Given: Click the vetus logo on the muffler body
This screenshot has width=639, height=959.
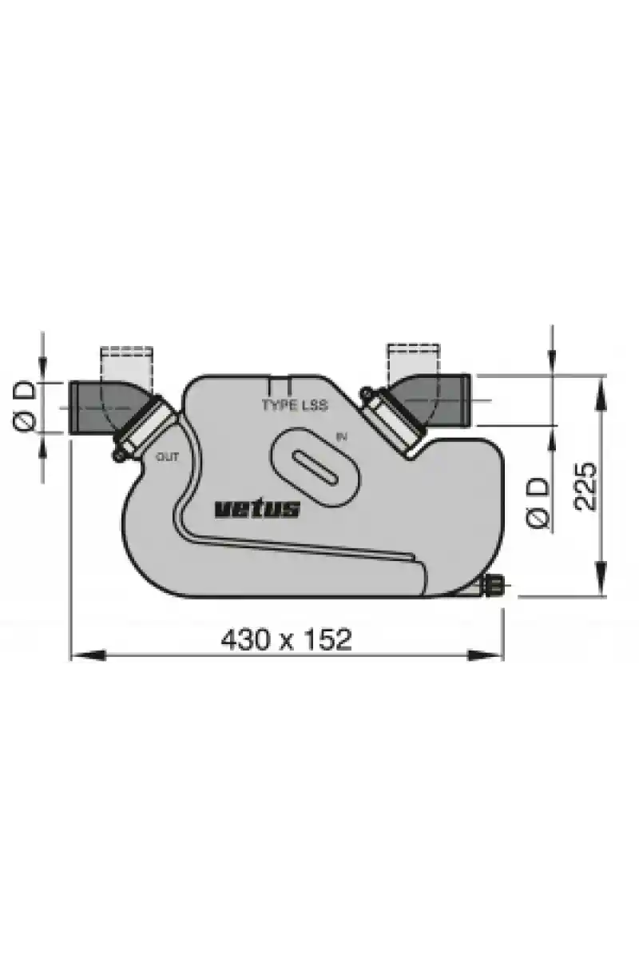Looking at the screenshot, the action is click(x=257, y=509).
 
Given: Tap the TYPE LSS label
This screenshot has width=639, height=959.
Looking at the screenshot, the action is click(x=295, y=404).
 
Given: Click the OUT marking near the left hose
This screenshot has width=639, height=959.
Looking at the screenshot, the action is click(x=168, y=457).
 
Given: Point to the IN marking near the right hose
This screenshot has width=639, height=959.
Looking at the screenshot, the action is click(x=342, y=437).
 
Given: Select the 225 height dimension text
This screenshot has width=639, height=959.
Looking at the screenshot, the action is click(x=585, y=486).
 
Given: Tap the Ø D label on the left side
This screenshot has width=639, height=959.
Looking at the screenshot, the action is click(x=25, y=406).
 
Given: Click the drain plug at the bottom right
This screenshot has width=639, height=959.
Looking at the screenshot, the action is click(x=494, y=583).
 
